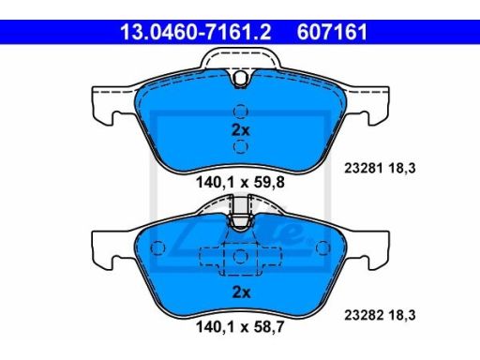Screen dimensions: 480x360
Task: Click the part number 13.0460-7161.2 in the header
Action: click(196, 32)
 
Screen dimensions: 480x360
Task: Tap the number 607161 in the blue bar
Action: click(332, 32)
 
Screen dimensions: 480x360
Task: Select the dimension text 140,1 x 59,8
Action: click(240, 182)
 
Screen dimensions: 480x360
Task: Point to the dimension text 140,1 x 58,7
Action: click(240, 327)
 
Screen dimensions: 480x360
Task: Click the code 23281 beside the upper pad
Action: click(364, 169)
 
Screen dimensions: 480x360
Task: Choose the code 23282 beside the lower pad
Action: click(364, 315)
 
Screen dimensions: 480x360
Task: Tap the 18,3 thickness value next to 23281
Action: click(402, 169)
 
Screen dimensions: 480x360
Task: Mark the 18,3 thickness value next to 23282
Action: click(402, 315)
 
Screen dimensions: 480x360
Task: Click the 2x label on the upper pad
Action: click(241, 130)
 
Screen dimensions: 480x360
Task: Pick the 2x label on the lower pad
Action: click(241, 292)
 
